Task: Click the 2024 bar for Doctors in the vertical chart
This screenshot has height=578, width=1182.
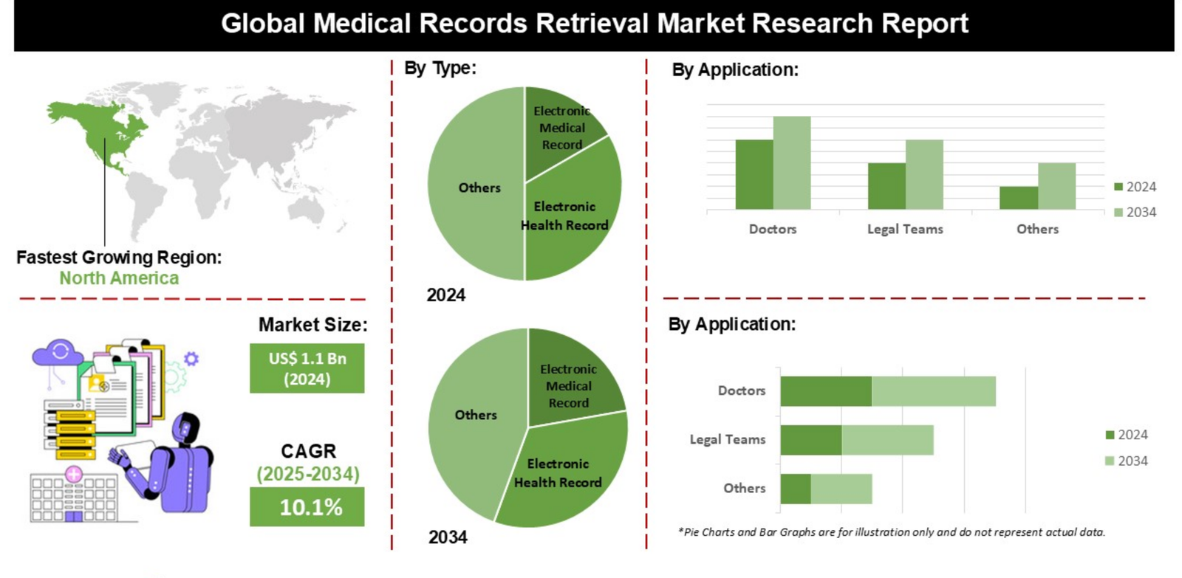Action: (754, 174)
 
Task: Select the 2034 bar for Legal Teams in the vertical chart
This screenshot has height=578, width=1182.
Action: (924, 174)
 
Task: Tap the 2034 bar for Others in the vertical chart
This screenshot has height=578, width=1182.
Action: (1056, 186)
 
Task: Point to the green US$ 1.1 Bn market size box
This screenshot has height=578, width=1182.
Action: (307, 368)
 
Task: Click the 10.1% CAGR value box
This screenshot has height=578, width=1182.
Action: (307, 507)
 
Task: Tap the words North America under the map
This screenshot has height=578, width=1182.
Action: (119, 278)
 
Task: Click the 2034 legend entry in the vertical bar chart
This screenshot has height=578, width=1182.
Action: (1135, 213)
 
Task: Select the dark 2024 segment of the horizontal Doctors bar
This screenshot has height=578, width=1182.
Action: (826, 391)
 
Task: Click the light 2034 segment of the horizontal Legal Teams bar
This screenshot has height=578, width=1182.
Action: (887, 440)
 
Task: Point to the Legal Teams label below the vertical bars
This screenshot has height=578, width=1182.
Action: (905, 230)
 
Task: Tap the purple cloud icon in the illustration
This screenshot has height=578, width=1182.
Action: (58, 353)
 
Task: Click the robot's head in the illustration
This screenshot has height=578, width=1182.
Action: (185, 427)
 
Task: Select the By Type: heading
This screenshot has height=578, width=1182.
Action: (440, 68)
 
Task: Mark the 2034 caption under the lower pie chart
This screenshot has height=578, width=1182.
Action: (448, 537)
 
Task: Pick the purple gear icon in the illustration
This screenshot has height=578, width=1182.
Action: (191, 359)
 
